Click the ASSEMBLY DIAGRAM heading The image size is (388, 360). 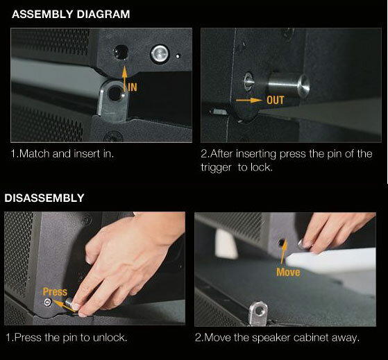[71, 14]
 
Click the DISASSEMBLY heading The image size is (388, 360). [44, 198]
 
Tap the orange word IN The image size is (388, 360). [133, 87]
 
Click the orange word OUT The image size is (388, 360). [275, 100]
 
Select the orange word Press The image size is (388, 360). [55, 292]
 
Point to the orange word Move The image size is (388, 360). [288, 272]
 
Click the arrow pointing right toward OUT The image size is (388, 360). [249, 100]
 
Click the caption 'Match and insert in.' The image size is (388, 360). [62, 154]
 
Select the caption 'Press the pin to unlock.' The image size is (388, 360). [67, 338]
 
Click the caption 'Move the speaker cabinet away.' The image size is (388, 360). [277, 338]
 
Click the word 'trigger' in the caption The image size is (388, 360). [216, 168]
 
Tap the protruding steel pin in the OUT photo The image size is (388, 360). [289, 85]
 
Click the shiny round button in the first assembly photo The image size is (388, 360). [160, 53]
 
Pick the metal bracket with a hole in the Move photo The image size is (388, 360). [258, 313]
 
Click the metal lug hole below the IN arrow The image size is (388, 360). [115, 94]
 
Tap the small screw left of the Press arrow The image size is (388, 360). [47, 302]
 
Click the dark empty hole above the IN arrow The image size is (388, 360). [121, 52]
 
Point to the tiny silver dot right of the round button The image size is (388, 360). [178, 56]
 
